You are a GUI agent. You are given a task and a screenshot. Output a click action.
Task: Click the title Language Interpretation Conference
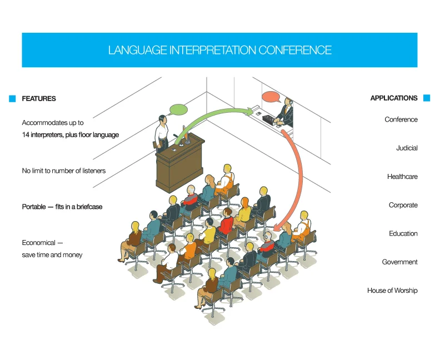coord(219,50)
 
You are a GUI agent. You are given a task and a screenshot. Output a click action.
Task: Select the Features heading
coord(39,99)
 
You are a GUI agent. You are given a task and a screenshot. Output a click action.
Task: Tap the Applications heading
coord(394,98)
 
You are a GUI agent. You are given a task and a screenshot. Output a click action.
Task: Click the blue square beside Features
coord(12,99)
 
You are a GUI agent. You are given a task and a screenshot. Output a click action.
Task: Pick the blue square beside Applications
coord(427,98)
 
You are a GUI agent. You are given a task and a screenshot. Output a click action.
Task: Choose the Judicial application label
coord(407,148)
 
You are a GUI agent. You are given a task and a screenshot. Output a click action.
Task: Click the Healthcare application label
coord(402,177)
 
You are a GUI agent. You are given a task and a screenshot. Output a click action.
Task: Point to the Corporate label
coord(403,206)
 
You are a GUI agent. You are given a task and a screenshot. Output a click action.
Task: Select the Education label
coord(403,234)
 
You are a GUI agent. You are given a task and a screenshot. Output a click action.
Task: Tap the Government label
coord(399,262)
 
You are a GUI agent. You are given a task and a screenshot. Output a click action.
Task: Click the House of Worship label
coord(392,291)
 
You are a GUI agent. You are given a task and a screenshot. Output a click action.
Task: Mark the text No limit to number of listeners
coord(63,171)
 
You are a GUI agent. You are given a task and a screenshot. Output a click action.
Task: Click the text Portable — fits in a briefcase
coord(62,207)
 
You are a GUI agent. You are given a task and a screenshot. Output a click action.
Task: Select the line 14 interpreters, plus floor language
coord(70,135)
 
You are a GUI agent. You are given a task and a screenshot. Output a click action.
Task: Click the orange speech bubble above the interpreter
coord(271,97)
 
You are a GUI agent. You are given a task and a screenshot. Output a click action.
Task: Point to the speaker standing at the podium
coord(162,133)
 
